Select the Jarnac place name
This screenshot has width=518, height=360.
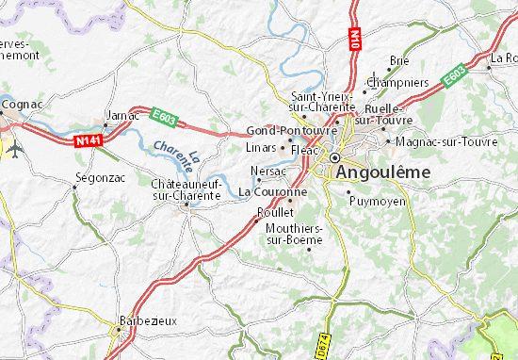click(x=122, y=115)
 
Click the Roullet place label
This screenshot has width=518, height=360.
click(x=267, y=212)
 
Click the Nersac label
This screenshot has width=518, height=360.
click(x=269, y=171)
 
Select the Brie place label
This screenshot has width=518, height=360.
click(x=399, y=59)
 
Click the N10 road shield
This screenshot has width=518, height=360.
click(x=357, y=40)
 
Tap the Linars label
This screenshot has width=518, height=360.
click(x=261, y=147)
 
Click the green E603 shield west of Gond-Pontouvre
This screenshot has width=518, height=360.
click(x=164, y=113)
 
